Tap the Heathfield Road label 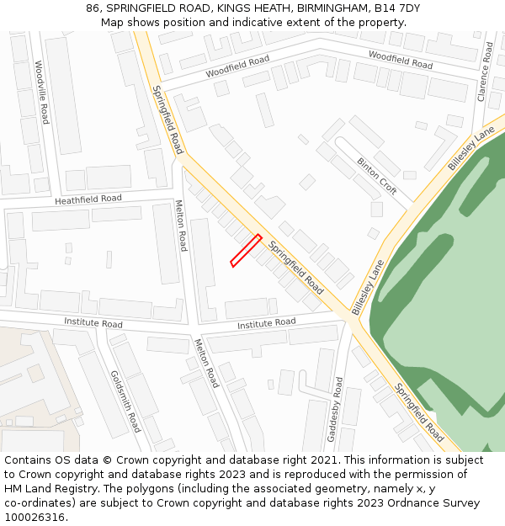pos(88,199)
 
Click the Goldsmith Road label pos(125,401)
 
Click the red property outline pos(246,251)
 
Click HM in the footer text pos(14,489)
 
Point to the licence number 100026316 pos(35,518)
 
